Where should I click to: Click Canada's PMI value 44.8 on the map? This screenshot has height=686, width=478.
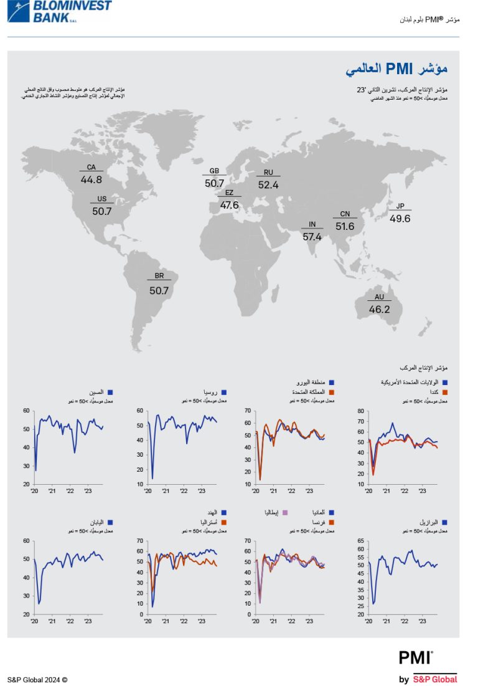point(91,179)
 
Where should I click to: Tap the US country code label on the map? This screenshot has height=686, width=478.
point(101,199)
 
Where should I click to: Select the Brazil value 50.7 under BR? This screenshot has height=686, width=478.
point(159,290)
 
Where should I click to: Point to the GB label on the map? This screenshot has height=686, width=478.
point(213,171)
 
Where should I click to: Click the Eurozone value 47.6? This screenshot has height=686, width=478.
point(229,205)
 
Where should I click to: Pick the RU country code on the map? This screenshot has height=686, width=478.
point(268,173)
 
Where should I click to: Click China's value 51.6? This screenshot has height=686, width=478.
point(345,227)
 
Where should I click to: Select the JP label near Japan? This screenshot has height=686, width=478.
point(400,206)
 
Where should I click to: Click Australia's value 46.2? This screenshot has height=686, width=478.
point(379,309)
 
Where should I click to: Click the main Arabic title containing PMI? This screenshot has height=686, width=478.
point(396,69)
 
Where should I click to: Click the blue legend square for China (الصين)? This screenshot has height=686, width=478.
point(110,393)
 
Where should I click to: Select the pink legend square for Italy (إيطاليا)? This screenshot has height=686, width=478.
point(285,512)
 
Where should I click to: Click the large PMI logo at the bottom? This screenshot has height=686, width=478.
point(416,658)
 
